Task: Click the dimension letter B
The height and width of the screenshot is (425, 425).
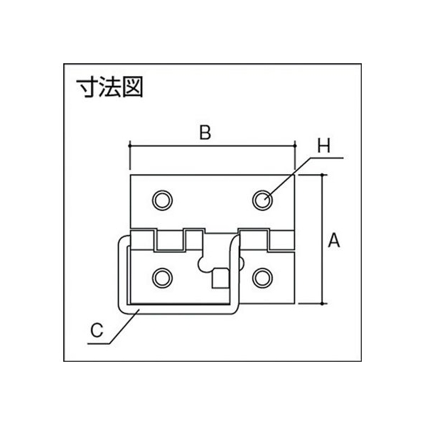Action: click(x=205, y=133)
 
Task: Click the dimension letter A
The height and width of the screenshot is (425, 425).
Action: click(x=333, y=240)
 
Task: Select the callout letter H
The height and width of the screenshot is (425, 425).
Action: click(x=324, y=146)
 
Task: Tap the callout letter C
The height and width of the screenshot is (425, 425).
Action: click(x=97, y=330)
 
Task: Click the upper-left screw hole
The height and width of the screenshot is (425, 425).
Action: click(x=162, y=200)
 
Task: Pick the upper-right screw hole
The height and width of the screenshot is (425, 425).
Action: click(x=262, y=200)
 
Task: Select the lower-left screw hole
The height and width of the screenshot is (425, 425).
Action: click(x=162, y=278)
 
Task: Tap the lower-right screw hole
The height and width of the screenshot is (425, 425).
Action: click(x=262, y=278)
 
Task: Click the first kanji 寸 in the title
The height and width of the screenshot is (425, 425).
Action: click(x=87, y=87)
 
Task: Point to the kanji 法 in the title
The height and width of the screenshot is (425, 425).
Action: click(x=109, y=87)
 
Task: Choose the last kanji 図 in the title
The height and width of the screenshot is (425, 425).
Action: click(x=132, y=87)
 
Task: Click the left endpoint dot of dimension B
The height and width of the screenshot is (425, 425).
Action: click(x=130, y=146)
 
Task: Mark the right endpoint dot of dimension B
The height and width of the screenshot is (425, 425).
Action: click(x=295, y=146)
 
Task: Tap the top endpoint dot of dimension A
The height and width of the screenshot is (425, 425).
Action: click(x=322, y=175)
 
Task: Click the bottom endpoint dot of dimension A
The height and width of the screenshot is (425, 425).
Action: click(x=322, y=303)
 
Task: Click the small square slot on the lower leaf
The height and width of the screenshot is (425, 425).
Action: click(x=220, y=278)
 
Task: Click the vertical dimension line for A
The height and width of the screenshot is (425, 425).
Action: click(x=322, y=240)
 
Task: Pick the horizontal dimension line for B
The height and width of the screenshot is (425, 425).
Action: click(x=212, y=146)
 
